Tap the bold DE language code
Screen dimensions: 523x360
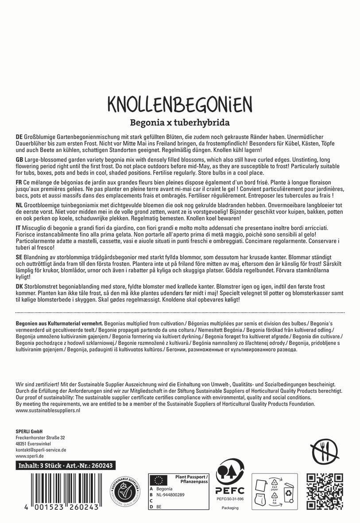coord(19,137)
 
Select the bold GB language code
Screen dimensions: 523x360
coord(19,159)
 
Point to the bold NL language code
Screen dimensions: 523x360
coord(19,205)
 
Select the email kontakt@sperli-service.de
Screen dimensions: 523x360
coord(41,449)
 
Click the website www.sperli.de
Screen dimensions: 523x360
coord(29,455)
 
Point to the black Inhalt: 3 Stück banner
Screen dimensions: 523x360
coord(66,466)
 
